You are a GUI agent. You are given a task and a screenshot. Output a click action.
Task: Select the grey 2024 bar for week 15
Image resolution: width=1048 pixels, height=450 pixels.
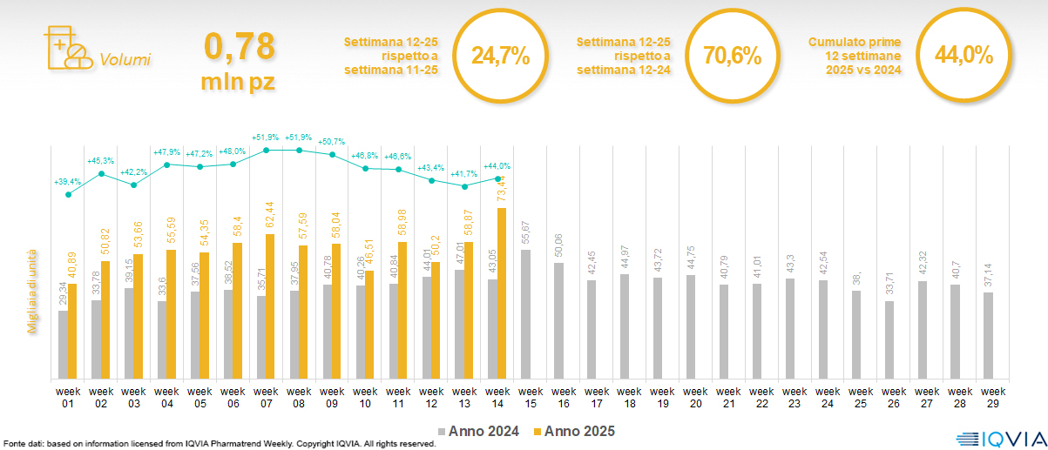pos(525,314)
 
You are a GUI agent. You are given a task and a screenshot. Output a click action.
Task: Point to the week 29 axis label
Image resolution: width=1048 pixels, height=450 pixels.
pos(988,397)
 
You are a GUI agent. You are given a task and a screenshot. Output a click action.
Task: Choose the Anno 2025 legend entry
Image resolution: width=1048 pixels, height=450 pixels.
pos(575,431)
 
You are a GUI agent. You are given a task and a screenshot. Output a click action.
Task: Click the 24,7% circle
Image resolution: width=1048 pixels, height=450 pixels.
pos(500,57)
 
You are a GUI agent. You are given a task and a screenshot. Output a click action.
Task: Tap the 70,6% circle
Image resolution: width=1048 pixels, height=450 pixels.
pos(732,57)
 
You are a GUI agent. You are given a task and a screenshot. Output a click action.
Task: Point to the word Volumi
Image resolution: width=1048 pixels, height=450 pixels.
pos(125,60)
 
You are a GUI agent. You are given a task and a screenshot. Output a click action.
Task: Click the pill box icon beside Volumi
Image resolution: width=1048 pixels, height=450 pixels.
pos(67,48)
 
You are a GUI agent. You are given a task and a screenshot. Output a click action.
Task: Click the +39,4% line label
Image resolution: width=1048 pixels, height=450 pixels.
pos(68,182)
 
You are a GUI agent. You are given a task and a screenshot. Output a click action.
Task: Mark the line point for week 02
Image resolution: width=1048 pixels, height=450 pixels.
pos(101,174)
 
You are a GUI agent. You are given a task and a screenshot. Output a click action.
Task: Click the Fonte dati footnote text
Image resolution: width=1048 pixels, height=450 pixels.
pos(218,444)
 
